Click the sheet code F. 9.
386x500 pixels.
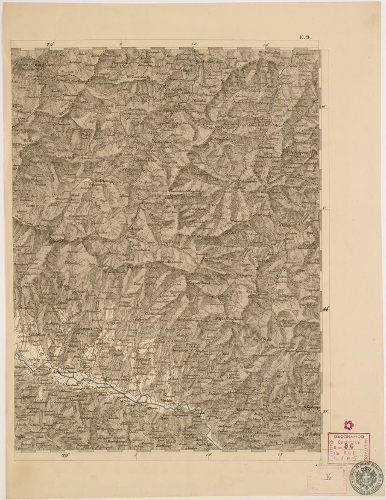click(304, 37)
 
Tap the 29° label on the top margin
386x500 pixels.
click(51, 44)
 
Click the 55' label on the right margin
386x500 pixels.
click(326, 412)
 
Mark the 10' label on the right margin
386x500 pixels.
click(324, 106)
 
